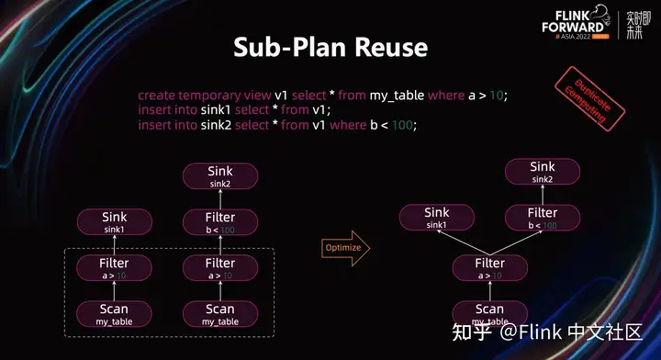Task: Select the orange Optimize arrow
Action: coord(345,247)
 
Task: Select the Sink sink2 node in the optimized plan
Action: coord(543,172)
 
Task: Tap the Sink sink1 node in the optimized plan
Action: coord(437,218)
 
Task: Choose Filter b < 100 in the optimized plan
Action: coord(543,218)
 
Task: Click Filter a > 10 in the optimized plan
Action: coord(490,268)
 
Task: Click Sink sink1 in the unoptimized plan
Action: coord(114,222)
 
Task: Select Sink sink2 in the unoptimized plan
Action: coord(220,175)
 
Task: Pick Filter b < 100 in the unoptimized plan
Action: coord(220,222)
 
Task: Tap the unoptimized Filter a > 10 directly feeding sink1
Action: coord(114,268)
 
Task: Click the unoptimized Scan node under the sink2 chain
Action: coord(220,313)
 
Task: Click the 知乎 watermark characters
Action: coord(476,332)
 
